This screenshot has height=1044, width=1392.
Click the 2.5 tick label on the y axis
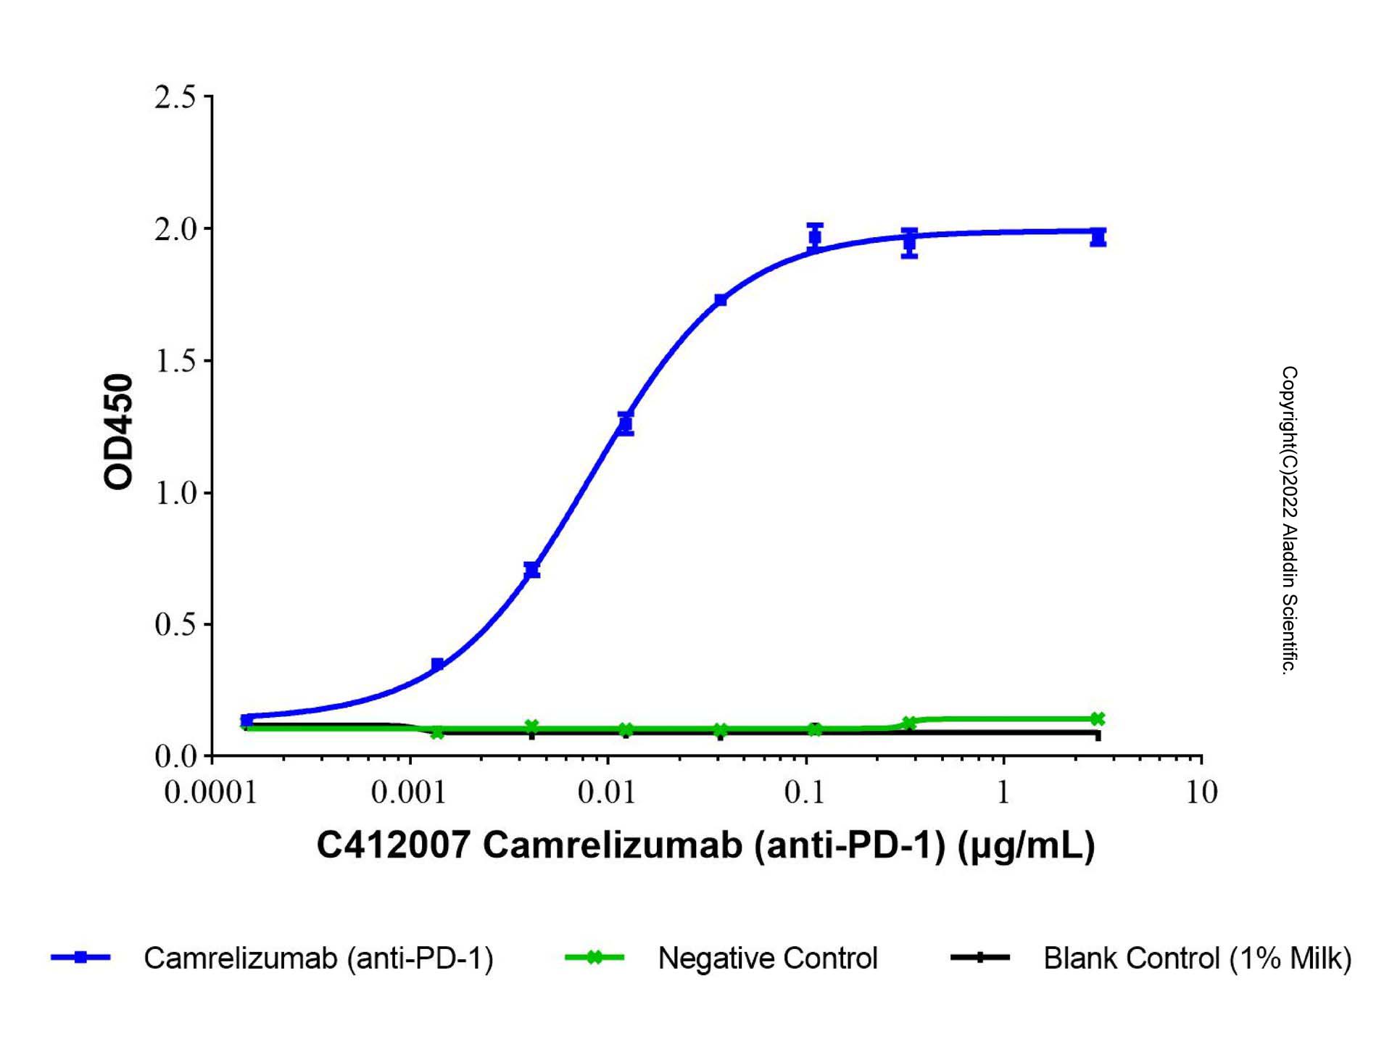175,97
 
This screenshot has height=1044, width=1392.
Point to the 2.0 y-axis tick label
175,229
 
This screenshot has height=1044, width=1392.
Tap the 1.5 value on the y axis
175,361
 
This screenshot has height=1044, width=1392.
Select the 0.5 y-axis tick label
175,625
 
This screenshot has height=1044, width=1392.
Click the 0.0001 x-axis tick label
210,792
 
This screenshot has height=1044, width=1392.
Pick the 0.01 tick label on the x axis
607,792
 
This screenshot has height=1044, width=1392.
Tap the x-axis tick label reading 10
1201,792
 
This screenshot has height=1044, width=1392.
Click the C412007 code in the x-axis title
394,845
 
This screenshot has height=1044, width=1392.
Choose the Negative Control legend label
767,958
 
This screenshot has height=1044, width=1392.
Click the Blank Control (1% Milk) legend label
1197,958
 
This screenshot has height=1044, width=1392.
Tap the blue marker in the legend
80,958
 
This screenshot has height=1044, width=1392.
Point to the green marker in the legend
594,958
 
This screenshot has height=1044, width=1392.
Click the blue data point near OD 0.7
532,570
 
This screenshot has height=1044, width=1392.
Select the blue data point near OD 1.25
626,423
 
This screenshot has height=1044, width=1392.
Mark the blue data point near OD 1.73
720,300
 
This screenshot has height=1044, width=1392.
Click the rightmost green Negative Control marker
1098,718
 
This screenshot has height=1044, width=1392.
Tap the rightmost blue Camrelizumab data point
1098,237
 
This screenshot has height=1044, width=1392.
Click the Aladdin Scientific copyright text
1289,521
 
